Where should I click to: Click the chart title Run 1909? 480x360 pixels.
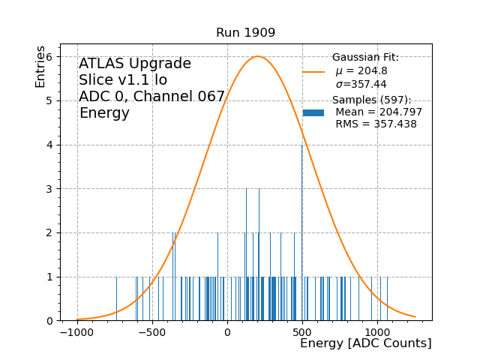coord(245,33)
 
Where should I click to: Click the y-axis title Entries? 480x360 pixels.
coord(40,67)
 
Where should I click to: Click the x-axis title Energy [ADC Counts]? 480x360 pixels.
coord(365,343)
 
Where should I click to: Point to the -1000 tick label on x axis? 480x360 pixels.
coord(76,332)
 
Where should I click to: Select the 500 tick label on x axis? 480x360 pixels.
coord(302,332)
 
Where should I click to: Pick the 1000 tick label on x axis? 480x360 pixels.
coord(377,332)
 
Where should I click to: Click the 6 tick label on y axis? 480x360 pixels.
coord(49,57)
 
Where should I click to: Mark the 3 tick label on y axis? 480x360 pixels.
coord(49,189)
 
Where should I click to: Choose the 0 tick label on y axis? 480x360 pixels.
coord(49,321)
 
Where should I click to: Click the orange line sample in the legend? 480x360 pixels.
coord(313,72)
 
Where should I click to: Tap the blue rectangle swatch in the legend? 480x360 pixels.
coord(313,112)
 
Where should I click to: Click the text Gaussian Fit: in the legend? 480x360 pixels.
coord(365,58)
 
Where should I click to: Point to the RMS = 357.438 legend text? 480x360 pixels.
coord(376,124)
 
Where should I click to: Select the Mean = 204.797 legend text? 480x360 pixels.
coord(379,112)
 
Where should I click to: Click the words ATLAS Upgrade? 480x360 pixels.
coord(135,64)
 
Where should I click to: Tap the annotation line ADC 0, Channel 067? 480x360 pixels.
coord(152,97)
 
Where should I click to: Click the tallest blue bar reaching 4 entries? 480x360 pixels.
coord(302,225)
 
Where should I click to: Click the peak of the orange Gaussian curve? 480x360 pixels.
coord(258,56)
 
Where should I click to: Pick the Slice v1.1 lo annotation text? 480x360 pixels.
coord(123,80)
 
